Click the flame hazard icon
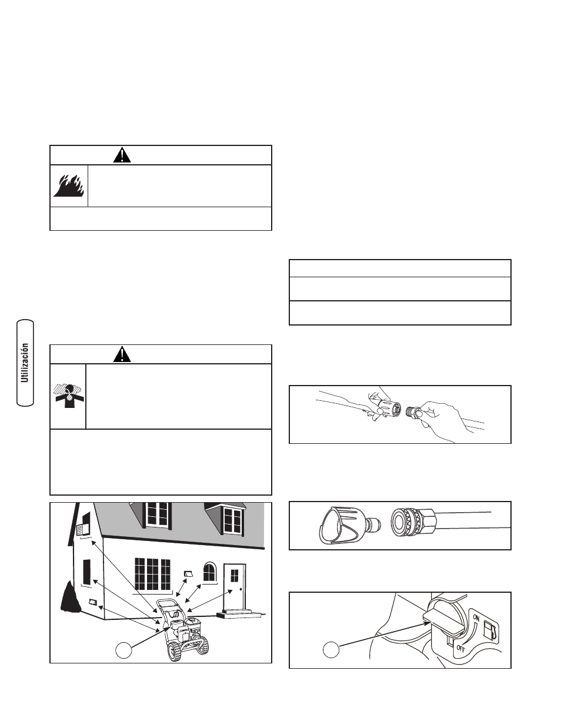click(68, 185)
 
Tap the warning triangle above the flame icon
click(122, 155)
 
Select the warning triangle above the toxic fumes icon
click(122, 354)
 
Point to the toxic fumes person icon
click(69, 396)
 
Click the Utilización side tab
click(25, 363)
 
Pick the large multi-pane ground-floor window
click(152, 574)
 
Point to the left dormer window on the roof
click(157, 514)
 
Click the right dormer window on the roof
click(232, 520)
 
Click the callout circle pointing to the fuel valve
click(331, 650)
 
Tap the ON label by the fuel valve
click(476, 618)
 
